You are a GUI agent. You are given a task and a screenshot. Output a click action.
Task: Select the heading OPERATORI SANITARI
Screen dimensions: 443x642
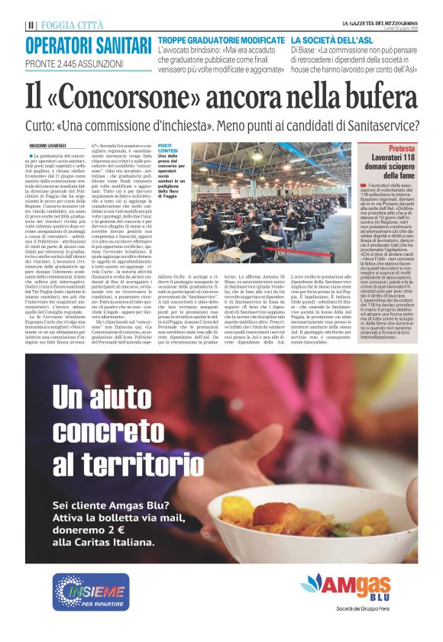click(x=86, y=44)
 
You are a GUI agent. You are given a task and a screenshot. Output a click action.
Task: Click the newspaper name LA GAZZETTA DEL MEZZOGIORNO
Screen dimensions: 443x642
click(x=379, y=23)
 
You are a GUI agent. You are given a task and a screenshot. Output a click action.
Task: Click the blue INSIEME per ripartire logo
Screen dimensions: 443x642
click(x=91, y=592)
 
